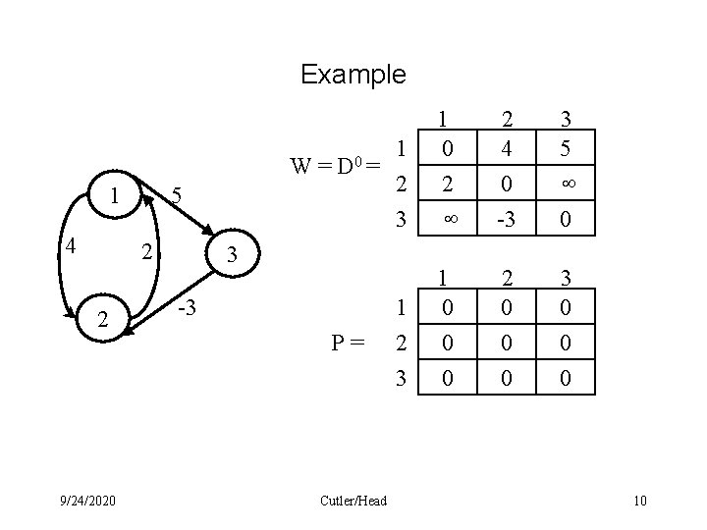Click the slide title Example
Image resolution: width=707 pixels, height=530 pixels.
[353, 75]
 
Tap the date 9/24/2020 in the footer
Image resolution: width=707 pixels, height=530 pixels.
[85, 502]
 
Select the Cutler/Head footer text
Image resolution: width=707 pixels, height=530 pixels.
[353, 502]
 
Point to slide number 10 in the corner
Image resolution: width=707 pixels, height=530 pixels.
[640, 502]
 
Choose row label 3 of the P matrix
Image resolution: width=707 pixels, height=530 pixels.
[400, 376]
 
